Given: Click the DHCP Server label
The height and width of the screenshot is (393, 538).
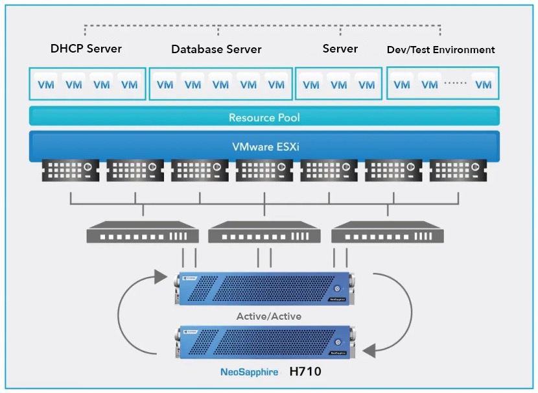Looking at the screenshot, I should [x=86, y=49].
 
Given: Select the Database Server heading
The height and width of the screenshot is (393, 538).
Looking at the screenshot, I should [x=216, y=49].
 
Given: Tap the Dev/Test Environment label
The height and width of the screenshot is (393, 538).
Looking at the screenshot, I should [x=441, y=50].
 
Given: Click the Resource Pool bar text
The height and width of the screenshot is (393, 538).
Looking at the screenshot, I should [x=264, y=118].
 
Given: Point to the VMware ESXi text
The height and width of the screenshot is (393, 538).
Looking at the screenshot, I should [x=264, y=147].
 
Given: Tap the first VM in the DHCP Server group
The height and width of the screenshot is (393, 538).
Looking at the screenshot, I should [x=46, y=84].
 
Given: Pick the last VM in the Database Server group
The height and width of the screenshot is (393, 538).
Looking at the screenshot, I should [x=276, y=84].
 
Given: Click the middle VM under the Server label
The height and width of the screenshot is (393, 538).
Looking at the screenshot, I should [x=339, y=84].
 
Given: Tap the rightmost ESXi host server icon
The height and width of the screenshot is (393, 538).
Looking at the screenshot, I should [x=458, y=170].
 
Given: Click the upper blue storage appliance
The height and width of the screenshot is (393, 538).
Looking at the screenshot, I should [x=265, y=289].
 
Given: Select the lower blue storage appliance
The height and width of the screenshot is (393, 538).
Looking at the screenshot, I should [x=265, y=343].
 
